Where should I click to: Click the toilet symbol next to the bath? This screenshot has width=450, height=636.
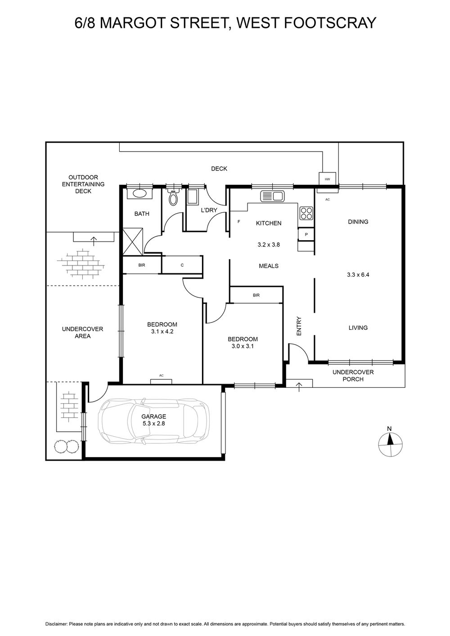click(173, 197)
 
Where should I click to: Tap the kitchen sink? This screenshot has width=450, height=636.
click(272, 196)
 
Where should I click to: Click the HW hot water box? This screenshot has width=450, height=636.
click(328, 179)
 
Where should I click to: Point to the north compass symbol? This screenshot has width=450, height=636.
click(390, 445)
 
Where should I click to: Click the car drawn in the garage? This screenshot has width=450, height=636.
click(154, 421)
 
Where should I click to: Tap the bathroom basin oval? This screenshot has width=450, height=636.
click(139, 194)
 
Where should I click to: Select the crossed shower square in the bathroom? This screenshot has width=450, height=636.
click(132, 242)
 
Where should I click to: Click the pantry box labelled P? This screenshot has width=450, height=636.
click(306, 234)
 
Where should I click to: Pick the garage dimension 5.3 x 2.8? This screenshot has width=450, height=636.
click(154, 424)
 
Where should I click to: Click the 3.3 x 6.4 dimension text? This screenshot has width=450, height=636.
click(358, 274)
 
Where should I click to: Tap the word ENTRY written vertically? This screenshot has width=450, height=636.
click(299, 326)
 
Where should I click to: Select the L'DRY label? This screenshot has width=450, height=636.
click(209, 210)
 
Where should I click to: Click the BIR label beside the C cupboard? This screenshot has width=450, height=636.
click(142, 265)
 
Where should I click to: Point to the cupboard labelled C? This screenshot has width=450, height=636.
click(182, 264)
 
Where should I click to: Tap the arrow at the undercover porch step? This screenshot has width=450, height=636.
click(299, 387)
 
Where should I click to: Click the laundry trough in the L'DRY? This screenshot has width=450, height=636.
click(193, 197)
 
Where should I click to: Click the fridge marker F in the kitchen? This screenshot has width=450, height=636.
click(238, 221)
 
